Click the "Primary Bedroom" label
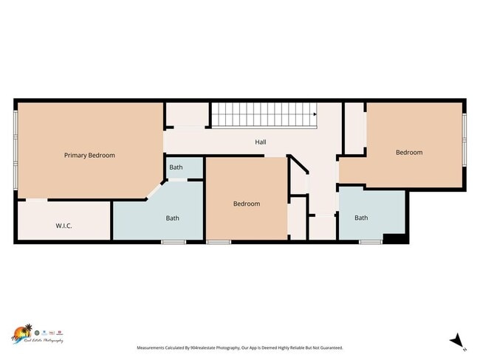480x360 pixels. point(89,156)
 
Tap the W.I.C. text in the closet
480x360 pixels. point(63,226)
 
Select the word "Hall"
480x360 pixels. point(261,142)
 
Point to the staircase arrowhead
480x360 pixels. point(315,114)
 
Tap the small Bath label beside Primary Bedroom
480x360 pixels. point(176,167)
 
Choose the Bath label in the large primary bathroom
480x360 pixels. point(172,218)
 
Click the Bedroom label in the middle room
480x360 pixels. point(247,204)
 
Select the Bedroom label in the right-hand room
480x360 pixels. point(409,153)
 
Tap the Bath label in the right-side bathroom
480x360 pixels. point(361,218)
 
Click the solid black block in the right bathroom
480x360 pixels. point(394,238)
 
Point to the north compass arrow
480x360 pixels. point(458,340)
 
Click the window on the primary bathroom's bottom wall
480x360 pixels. point(174,242)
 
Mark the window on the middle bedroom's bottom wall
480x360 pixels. point(219,242)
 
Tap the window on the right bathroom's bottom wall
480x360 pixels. point(370,242)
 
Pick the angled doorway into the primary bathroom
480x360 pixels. point(156,190)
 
